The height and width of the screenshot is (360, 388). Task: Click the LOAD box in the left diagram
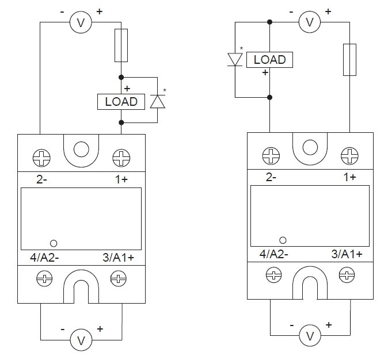click(121, 102)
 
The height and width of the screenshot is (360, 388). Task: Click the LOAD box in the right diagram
click(269, 59)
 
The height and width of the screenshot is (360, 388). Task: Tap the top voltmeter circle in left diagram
click(81, 22)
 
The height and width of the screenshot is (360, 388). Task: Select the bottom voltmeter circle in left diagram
click(81, 340)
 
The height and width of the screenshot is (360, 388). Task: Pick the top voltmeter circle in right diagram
click(310, 22)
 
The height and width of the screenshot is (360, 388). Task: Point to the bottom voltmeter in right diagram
click(310, 335)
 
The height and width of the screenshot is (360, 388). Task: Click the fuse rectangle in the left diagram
click(121, 46)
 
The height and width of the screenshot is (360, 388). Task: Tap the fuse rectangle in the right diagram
click(349, 59)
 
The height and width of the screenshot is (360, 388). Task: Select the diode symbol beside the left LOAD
click(157, 101)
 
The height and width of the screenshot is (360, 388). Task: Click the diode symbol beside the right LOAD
click(235, 59)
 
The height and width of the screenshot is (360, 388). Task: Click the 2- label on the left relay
click(41, 180)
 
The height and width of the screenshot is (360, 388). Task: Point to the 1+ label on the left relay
click(121, 180)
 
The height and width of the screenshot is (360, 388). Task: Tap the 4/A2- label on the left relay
click(44, 258)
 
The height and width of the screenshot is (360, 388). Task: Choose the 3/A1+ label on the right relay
click(347, 254)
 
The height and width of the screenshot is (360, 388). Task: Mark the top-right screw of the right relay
click(348, 154)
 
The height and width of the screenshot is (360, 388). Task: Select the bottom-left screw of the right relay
click(271, 275)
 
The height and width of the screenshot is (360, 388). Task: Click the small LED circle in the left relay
click(54, 243)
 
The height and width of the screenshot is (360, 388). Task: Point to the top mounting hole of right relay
click(310, 148)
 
